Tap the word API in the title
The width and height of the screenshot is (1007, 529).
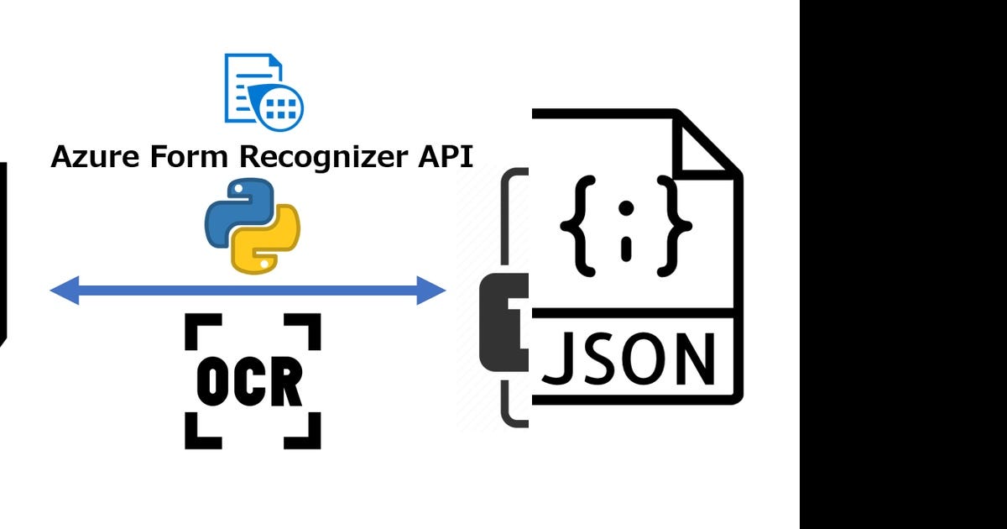point(445,157)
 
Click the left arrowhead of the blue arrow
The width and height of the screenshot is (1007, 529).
point(64,291)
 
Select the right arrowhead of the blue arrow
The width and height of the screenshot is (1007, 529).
point(432,291)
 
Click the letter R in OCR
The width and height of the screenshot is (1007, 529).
point(286,383)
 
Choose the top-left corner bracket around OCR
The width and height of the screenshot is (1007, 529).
point(198,327)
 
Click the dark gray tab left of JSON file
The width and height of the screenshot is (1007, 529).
point(502,323)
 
